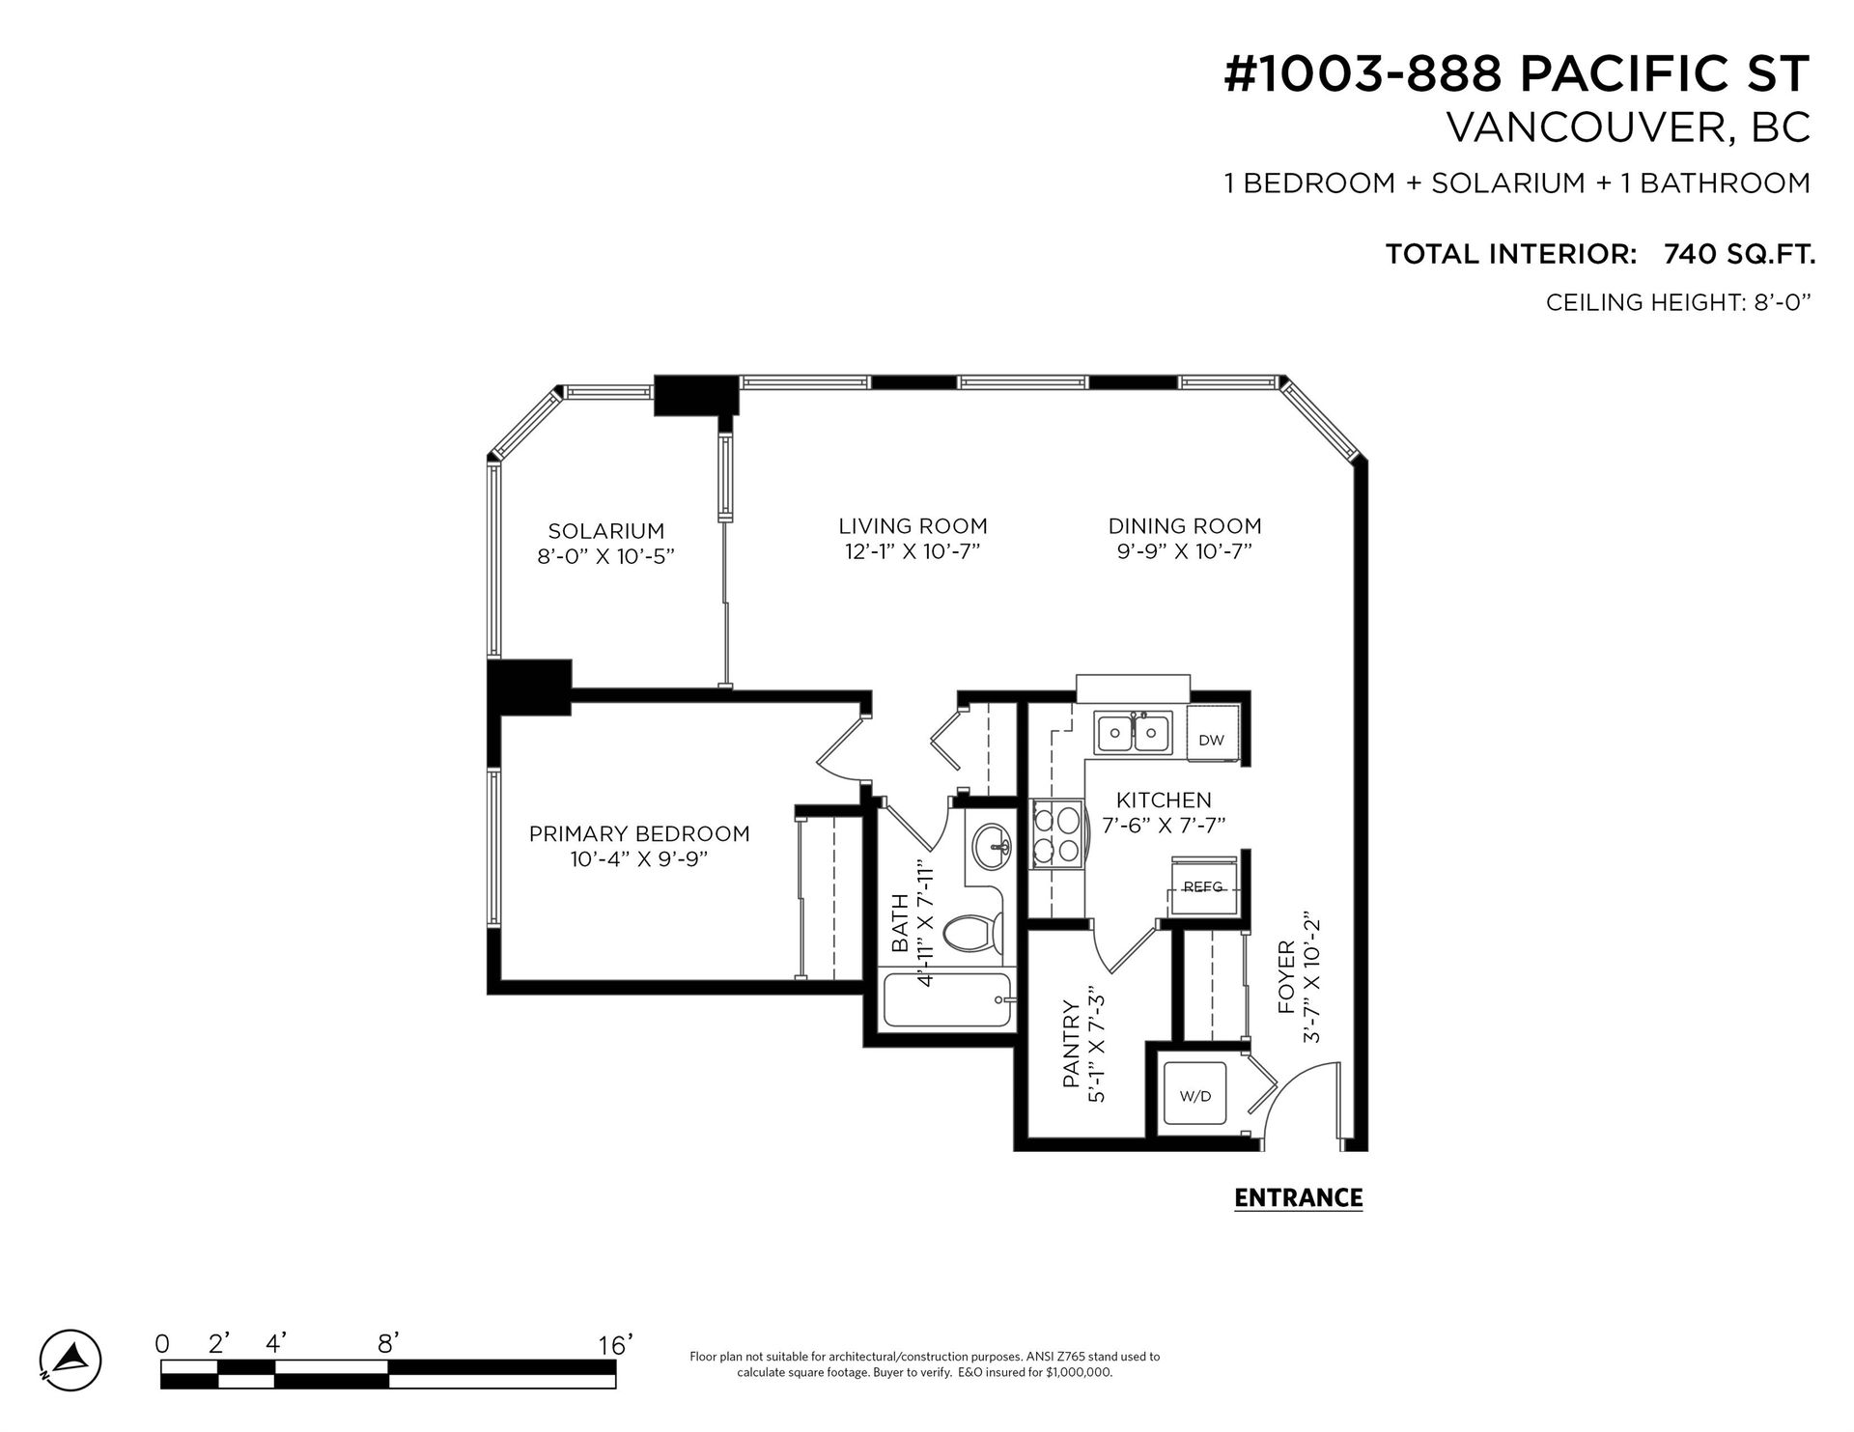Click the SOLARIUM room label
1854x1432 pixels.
(x=605, y=531)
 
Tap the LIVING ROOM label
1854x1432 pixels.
(x=913, y=526)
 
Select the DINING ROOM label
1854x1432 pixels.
(x=1185, y=526)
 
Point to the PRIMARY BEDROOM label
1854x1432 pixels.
(x=639, y=833)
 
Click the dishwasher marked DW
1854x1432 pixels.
(x=1213, y=739)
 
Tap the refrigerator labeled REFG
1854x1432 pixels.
(x=1202, y=885)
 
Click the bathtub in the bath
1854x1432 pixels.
(x=948, y=1000)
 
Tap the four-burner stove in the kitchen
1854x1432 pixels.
(x=1057, y=835)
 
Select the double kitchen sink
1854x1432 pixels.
(x=1133, y=733)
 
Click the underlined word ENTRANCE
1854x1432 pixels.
(x=1299, y=1198)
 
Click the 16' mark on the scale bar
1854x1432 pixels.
(x=615, y=1344)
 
